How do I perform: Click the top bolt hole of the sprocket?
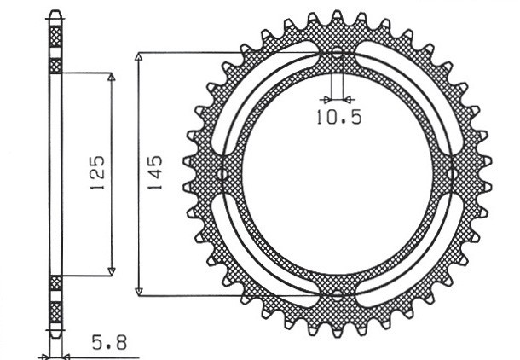coord(338,54)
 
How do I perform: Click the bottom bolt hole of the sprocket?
coord(338,296)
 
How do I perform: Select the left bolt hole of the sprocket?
coord(223,175)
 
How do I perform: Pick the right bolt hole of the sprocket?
coord(453,175)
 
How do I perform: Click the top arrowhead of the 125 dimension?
coord(111,78)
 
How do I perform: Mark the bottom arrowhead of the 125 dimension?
coord(111,271)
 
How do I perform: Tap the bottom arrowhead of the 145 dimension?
coord(139,291)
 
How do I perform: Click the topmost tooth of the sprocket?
coord(338,16)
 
